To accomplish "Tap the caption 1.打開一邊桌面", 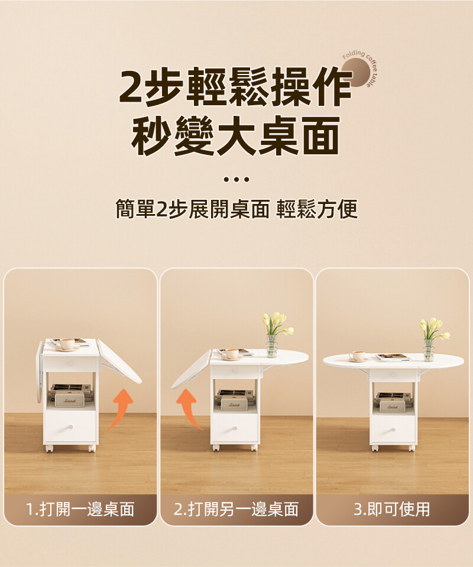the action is click(80, 509).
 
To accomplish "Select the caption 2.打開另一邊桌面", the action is click(236, 509).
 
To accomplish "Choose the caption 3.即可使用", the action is click(392, 509).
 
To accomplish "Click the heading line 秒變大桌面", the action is click(236, 135).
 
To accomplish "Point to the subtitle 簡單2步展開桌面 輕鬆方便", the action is click(237, 209).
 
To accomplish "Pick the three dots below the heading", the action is click(237, 179).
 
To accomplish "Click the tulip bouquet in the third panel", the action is click(434, 329).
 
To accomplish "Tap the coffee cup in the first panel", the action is click(67, 344).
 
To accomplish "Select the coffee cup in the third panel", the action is click(358, 356).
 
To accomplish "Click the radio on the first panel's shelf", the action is click(69, 400).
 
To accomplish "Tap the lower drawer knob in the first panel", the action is click(70, 427).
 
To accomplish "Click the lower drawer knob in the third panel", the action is click(393, 430).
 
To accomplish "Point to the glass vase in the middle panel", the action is click(271, 346).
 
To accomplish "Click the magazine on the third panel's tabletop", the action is click(393, 357).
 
